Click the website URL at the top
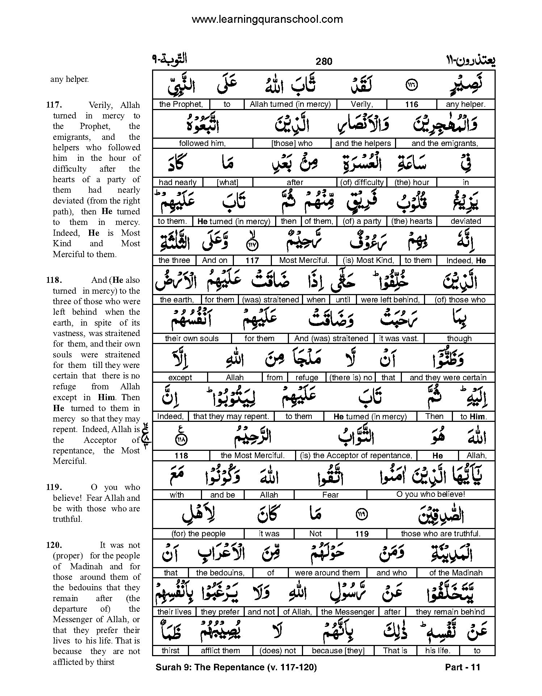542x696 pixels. pyautogui.click(x=267, y=19)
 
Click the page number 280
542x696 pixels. pyautogui.click(x=324, y=61)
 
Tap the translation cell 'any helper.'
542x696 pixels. pyautogui.click(x=465, y=105)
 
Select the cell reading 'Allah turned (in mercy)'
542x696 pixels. pyautogui.click(x=290, y=105)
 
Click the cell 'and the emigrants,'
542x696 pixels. pyautogui.click(x=445, y=143)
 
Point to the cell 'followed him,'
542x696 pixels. pyautogui.click(x=202, y=143)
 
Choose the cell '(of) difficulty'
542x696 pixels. pyautogui.click(x=362, y=183)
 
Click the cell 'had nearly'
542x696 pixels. pyautogui.click(x=177, y=183)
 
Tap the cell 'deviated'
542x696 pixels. pyautogui.click(x=466, y=221)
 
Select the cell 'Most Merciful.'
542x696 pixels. pyautogui.click(x=304, y=260)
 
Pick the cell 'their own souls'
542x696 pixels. pyautogui.click(x=192, y=339)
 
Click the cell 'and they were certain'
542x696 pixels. pyautogui.click(x=448, y=378)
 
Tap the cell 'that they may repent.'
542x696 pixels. pyautogui.click(x=231, y=416)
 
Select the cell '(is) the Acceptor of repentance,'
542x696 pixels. pyautogui.click(x=356, y=456)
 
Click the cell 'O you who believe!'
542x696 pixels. pyautogui.click(x=430, y=494)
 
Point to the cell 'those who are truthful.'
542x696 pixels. pyautogui.click(x=441, y=534)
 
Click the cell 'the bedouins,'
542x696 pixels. pyautogui.click(x=220, y=573)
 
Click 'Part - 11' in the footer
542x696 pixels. pyautogui.click(x=462, y=667)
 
